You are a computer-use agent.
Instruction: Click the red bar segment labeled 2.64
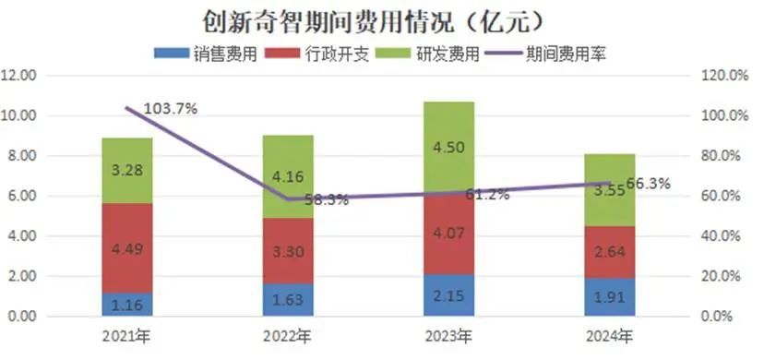(609, 252)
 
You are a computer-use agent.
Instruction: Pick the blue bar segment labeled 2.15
(448, 295)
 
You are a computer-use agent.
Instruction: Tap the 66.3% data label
(646, 184)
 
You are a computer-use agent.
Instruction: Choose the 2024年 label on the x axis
(609, 334)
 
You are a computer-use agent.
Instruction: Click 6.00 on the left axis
(21, 197)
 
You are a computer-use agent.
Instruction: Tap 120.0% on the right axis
(723, 76)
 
